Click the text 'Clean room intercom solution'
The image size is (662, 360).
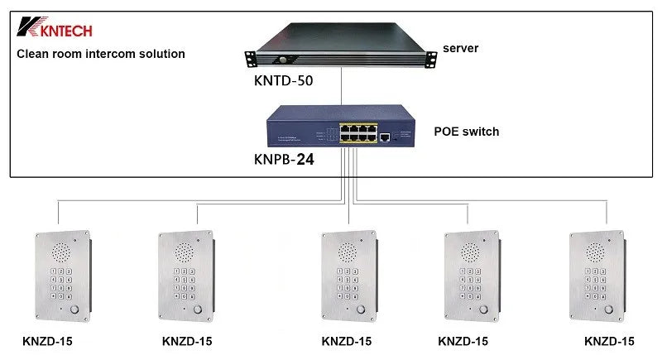point(101,54)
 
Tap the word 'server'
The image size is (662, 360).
point(460,48)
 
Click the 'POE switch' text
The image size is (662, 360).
point(467,132)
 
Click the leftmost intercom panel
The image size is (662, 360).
point(60,277)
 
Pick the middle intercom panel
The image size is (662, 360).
point(348,277)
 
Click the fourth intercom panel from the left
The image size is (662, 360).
point(470,277)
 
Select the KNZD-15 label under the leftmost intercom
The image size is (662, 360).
point(47,341)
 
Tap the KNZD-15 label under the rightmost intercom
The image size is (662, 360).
point(609,341)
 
